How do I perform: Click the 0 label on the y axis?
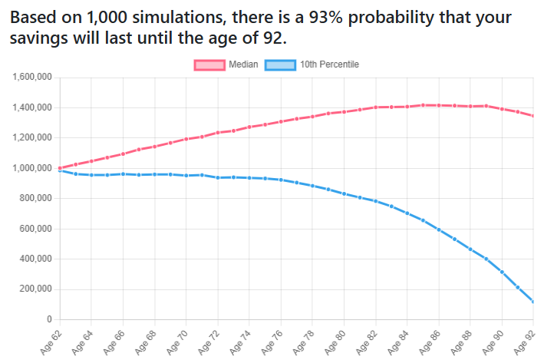(48, 319)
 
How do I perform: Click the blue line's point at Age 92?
(533, 301)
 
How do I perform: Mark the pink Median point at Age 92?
(533, 116)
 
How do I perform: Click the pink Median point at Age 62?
(60, 168)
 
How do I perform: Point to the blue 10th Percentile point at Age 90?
(502, 272)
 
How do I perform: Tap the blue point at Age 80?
(345, 193)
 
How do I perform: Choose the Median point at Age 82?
(376, 107)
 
